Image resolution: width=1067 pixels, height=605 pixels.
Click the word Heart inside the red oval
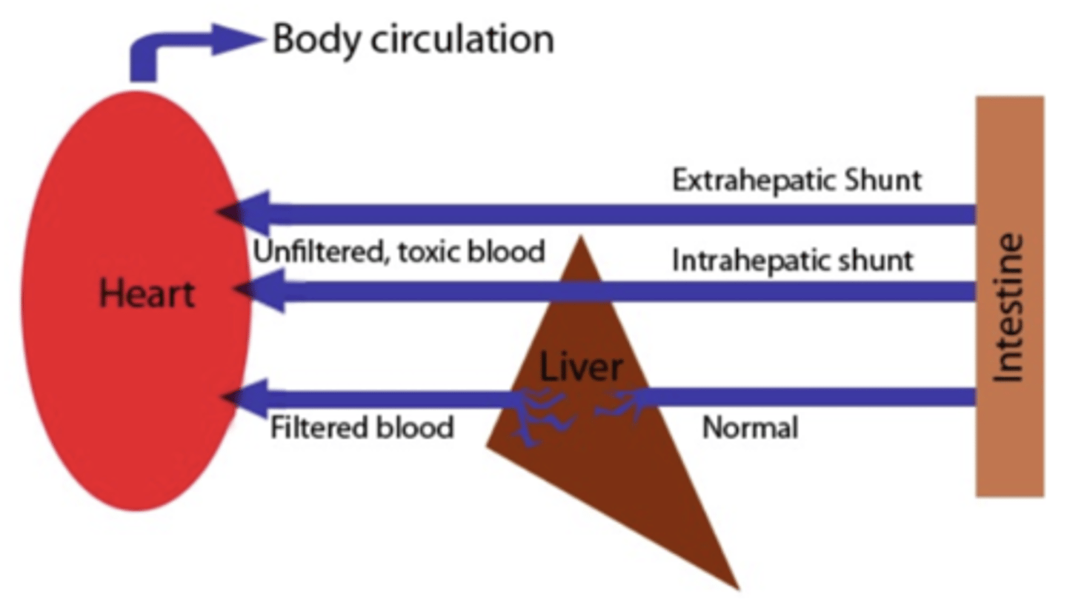click(147, 294)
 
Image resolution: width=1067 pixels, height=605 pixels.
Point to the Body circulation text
click(413, 39)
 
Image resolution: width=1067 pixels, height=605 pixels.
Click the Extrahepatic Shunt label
click(797, 180)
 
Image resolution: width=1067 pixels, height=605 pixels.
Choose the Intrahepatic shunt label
click(792, 261)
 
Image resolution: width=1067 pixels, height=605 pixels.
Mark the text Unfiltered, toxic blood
click(399, 252)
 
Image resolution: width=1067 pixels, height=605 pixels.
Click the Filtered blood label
click(362, 428)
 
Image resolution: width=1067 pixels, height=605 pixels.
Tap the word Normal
click(750, 428)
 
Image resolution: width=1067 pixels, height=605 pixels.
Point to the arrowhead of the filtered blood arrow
click(245, 398)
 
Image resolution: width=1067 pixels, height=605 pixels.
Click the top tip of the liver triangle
click(581, 239)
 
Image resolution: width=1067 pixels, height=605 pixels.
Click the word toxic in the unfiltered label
click(428, 252)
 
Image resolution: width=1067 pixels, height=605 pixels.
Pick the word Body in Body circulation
click(316, 39)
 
